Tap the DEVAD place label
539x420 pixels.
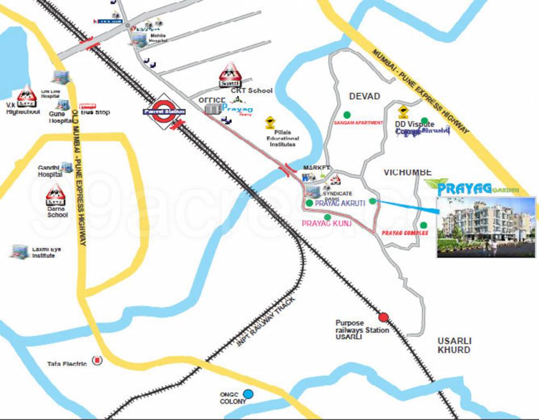[x=364, y=96]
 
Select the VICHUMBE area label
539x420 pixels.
[x=407, y=172]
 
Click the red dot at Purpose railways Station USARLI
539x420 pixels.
[x=383, y=317]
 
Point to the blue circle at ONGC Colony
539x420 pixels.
[x=248, y=394]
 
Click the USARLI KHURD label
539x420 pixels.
[x=454, y=345]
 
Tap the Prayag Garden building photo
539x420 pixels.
[x=485, y=227]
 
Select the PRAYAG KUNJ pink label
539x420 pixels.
[x=326, y=224]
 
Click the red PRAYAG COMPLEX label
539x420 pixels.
[x=405, y=233]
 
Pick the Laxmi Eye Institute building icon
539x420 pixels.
[x=20, y=251]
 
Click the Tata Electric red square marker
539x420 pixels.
[x=97, y=360]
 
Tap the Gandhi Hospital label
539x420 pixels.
[x=50, y=171]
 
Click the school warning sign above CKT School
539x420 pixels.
[x=230, y=75]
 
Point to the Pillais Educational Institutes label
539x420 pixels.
[x=283, y=138]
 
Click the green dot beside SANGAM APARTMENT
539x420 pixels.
[x=346, y=115]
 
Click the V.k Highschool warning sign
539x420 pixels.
[x=26, y=97]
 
